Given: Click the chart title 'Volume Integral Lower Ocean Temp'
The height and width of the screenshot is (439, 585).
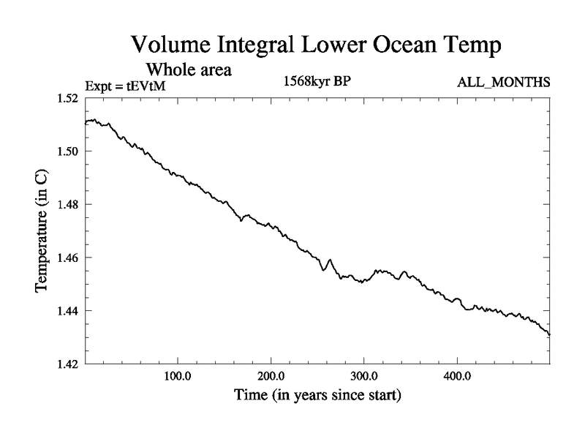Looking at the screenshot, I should coord(316,45).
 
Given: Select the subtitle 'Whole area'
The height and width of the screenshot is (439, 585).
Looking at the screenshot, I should coord(189,71).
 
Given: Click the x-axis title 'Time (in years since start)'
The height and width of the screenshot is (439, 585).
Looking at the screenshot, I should coord(317,396).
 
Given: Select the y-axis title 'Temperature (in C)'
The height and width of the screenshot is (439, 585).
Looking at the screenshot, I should coord(42,231).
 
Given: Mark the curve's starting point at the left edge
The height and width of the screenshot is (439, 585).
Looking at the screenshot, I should coord(86,123).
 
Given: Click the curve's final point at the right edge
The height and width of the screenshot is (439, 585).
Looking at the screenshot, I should coord(549,334).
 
